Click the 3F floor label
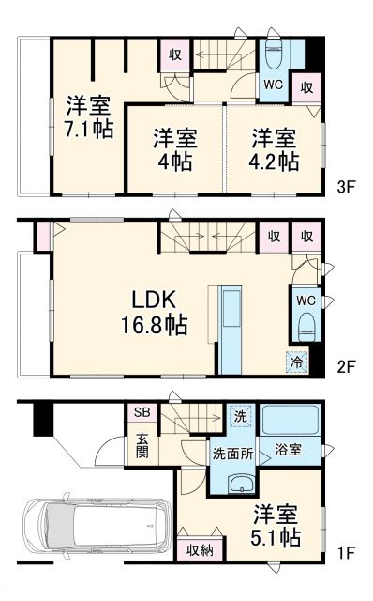click(x=346, y=187)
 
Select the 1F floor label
click(x=346, y=553)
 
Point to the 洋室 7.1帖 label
click(x=89, y=116)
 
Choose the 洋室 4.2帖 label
click(x=275, y=149)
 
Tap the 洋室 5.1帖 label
click(x=276, y=527)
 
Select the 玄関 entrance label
click(x=141, y=444)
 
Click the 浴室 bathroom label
click(x=288, y=450)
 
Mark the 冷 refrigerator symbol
click(x=295, y=360)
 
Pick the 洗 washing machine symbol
click(x=239, y=416)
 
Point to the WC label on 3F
click(x=273, y=85)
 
